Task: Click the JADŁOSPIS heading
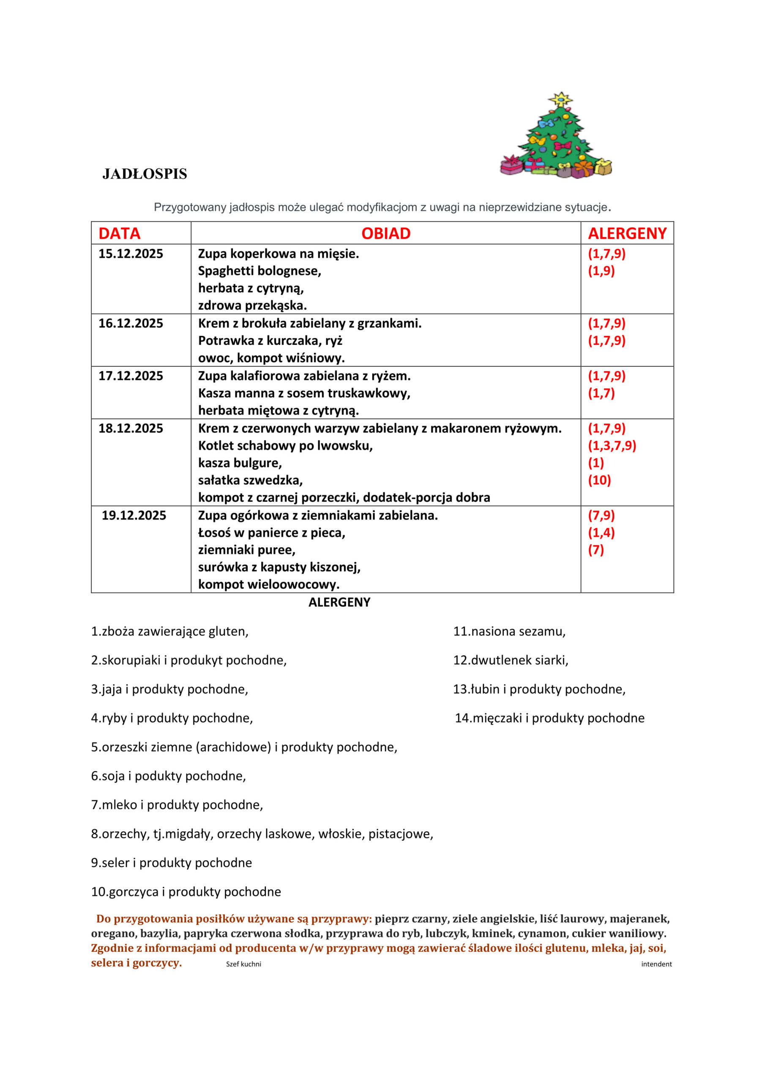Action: tap(145, 174)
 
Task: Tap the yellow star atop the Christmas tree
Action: tap(560, 99)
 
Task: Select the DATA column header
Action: tap(119, 234)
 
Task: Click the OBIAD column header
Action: tap(385, 234)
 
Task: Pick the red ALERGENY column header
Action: tap(627, 234)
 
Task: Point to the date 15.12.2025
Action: tap(131, 254)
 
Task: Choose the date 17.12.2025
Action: tap(131, 376)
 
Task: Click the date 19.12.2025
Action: tap(134, 515)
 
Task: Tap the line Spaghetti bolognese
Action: tap(259, 271)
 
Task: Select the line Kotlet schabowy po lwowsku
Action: tap(285, 446)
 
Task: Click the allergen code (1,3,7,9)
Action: tap(612, 446)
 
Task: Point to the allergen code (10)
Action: tap(599, 480)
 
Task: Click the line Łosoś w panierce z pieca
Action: tap(271, 533)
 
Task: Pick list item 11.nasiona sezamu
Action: tap(509, 631)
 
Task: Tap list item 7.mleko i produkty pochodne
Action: tap(177, 805)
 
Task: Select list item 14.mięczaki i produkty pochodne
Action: tap(549, 718)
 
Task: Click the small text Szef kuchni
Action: tap(243, 964)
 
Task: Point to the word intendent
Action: tap(656, 964)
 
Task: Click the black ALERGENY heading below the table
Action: tap(339, 602)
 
